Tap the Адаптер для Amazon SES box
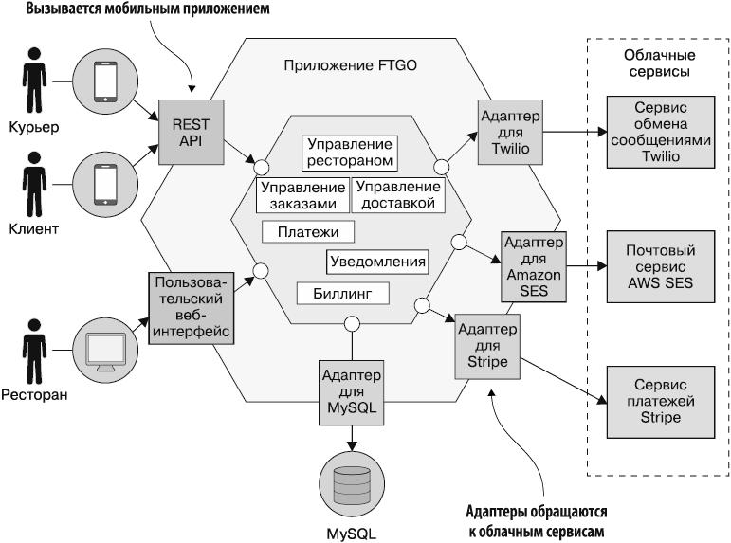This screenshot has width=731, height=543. [534, 266]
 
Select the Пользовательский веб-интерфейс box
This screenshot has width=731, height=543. [192, 308]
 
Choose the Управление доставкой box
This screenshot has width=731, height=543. [398, 195]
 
